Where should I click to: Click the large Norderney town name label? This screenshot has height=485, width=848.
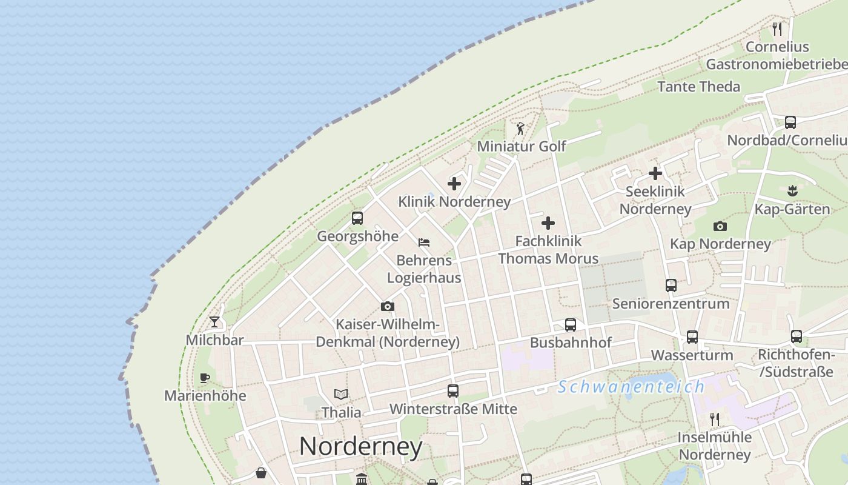(360, 447)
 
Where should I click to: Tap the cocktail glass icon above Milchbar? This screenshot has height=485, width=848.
(214, 322)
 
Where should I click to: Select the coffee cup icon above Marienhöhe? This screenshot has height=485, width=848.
(205, 378)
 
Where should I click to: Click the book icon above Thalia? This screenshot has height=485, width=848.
(341, 395)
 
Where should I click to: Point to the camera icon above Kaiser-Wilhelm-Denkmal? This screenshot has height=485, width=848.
(388, 307)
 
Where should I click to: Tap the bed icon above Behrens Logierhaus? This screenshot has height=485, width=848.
(424, 242)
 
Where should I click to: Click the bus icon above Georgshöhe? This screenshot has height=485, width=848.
(357, 218)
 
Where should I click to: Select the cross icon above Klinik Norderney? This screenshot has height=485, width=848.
(454, 184)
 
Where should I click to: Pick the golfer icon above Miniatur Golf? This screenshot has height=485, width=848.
(520, 129)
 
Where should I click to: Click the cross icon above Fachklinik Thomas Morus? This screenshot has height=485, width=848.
(548, 223)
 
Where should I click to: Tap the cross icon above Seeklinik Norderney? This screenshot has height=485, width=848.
(655, 174)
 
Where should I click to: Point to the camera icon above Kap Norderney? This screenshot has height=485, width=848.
(720, 227)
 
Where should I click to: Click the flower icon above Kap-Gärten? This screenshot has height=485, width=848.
(792, 192)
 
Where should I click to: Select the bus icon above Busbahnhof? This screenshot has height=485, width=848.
(571, 325)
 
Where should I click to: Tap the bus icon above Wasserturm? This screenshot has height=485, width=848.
(692, 337)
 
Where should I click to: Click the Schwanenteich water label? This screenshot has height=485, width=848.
(632, 386)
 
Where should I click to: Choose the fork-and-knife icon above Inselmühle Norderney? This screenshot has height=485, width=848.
(715, 419)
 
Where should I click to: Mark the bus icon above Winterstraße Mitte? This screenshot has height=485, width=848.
(453, 391)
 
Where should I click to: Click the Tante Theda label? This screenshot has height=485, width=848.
(698, 87)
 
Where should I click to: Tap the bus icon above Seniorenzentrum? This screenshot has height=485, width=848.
(671, 286)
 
